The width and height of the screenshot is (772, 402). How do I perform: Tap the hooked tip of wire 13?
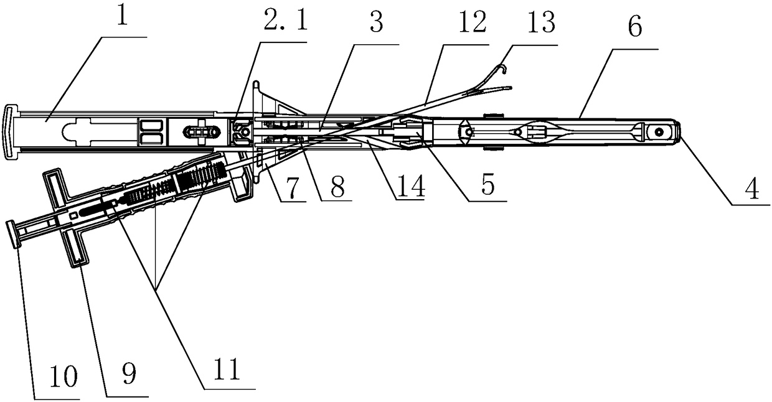pyautogui.click(x=505, y=70)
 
